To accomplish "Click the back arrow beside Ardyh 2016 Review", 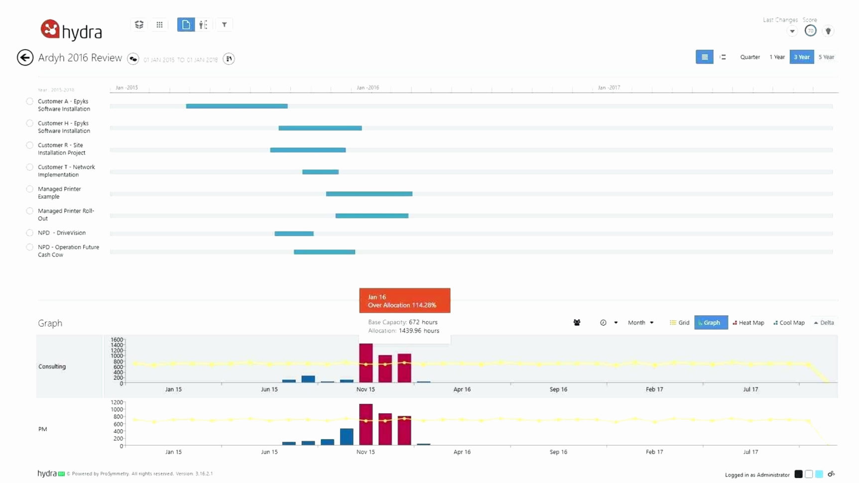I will pyautogui.click(x=25, y=58).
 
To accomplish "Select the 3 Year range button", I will pyautogui.click(x=801, y=57).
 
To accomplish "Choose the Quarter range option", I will pyautogui.click(x=749, y=57).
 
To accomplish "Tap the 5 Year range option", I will pyautogui.click(x=826, y=57).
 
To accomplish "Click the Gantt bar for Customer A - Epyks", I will pyautogui.click(x=237, y=106).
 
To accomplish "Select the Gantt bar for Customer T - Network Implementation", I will pyautogui.click(x=320, y=172).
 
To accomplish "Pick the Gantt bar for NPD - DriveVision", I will pyautogui.click(x=294, y=234).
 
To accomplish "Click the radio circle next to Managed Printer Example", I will pyautogui.click(x=30, y=189).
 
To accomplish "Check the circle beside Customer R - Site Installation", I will pyautogui.click(x=30, y=145).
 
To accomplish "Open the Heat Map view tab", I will pyautogui.click(x=748, y=323).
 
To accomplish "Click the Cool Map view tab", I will pyautogui.click(x=789, y=323).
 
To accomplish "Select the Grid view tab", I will pyautogui.click(x=680, y=323).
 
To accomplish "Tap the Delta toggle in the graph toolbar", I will pyautogui.click(x=824, y=323).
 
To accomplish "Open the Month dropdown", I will pyautogui.click(x=640, y=323).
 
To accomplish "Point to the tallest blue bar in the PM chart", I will pyautogui.click(x=347, y=437).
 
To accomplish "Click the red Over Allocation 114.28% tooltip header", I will pyautogui.click(x=404, y=301).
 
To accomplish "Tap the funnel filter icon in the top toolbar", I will pyautogui.click(x=224, y=24).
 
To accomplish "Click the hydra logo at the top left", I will pyautogui.click(x=71, y=30).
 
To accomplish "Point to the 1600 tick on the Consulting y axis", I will pyautogui.click(x=117, y=340).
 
